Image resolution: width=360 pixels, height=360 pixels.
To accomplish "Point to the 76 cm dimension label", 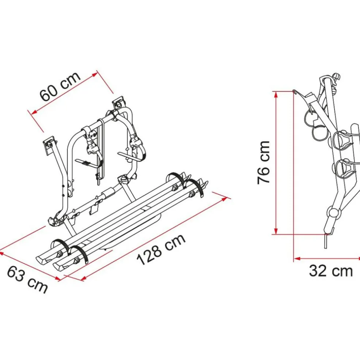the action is pos(263,162).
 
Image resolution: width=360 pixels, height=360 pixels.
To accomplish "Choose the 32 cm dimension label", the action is pos(331,271).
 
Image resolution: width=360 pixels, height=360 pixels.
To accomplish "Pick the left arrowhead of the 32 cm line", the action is pos(297,259).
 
